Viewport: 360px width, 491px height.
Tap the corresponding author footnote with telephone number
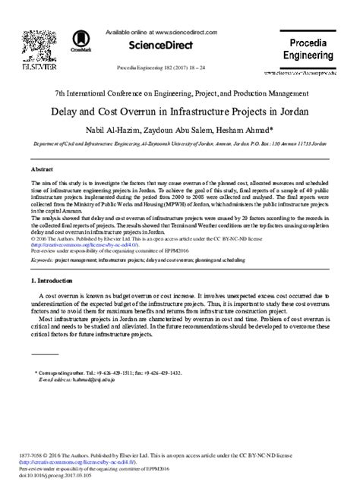113,373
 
